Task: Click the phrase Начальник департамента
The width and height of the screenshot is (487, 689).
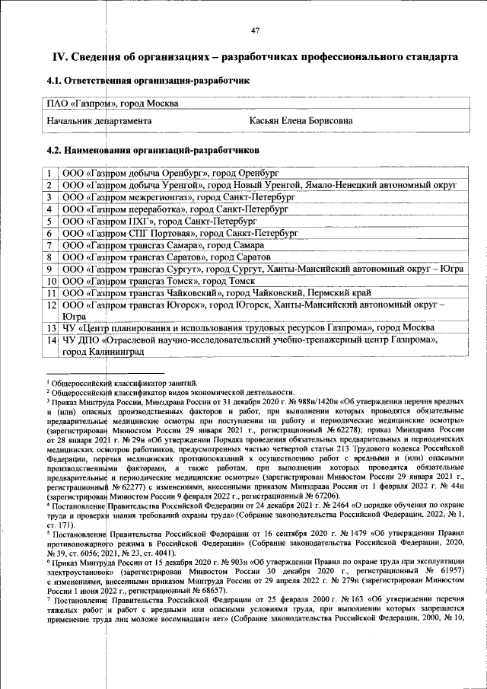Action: pyautogui.click(x=99, y=121)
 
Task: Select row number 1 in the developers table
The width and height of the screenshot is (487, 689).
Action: pyautogui.click(x=49, y=174)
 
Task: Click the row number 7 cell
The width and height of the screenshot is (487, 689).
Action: pyautogui.click(x=49, y=245)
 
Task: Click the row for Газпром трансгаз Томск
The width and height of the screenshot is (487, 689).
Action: pyautogui.click(x=160, y=281)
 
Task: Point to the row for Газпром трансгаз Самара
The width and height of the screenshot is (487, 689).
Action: pyautogui.click(x=163, y=245)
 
